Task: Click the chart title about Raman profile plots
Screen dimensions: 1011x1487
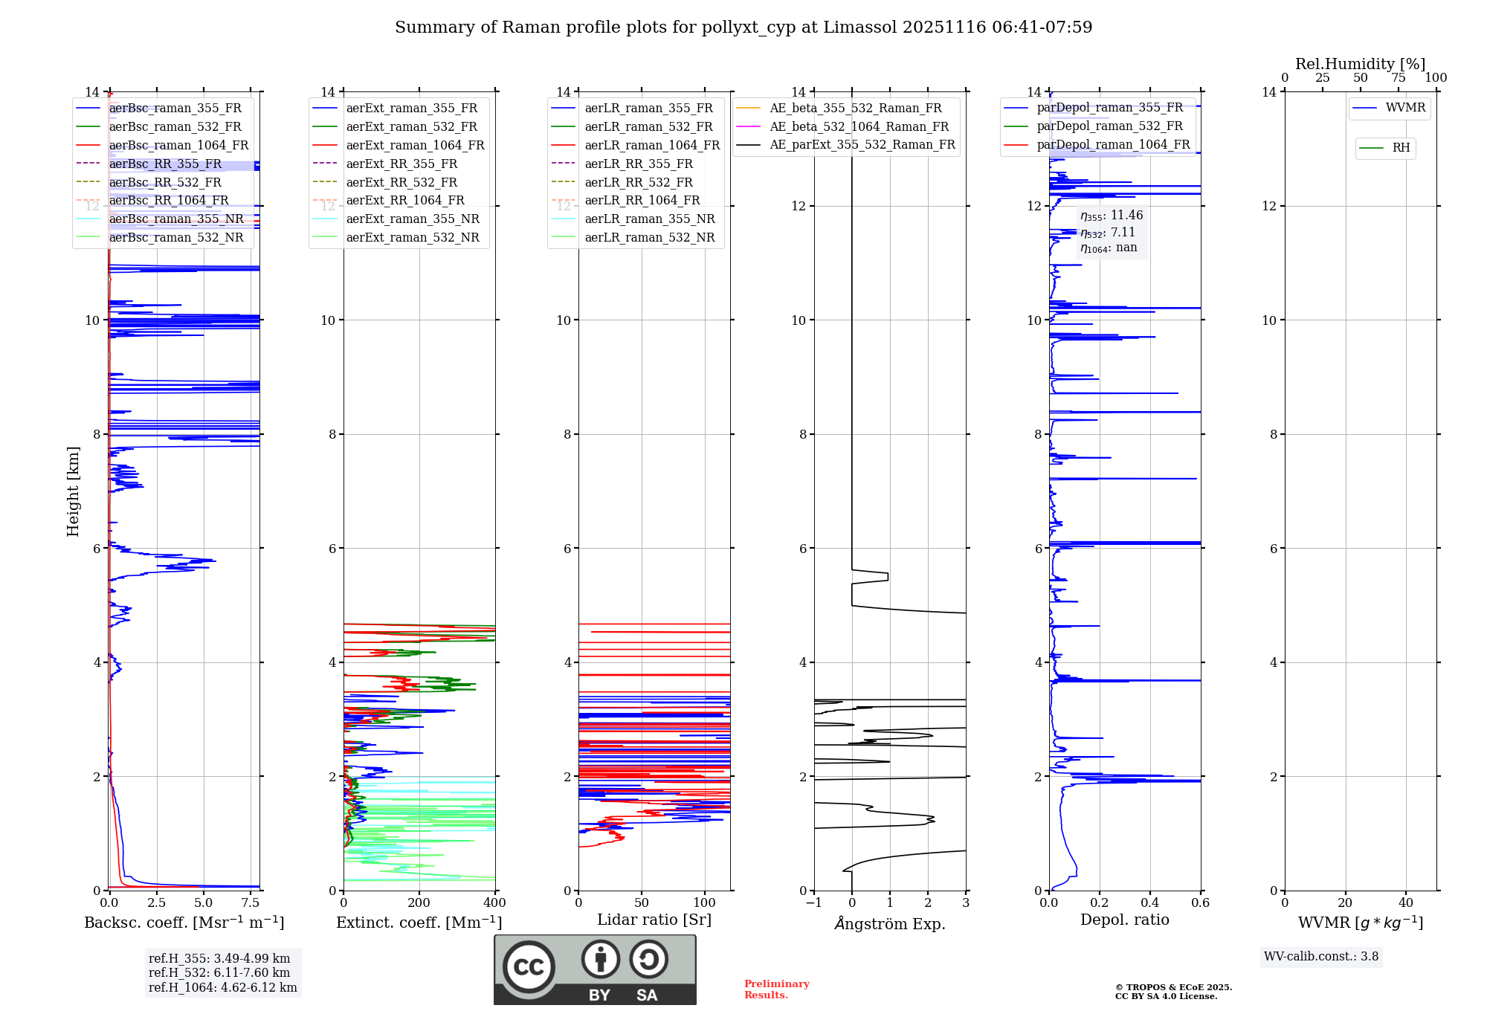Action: (x=743, y=28)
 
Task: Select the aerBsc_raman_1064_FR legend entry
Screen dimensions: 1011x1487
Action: (x=178, y=146)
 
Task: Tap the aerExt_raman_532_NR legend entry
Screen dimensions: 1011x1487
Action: (x=413, y=238)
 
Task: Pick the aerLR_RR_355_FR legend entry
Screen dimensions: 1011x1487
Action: (x=638, y=164)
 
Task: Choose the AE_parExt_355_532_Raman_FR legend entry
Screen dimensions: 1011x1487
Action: (x=862, y=145)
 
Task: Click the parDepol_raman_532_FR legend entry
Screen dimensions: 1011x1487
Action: (x=1109, y=126)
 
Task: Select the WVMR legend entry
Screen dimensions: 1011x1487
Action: (x=1405, y=109)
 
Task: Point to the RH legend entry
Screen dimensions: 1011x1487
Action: (x=1401, y=148)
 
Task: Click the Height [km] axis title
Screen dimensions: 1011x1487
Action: (x=73, y=491)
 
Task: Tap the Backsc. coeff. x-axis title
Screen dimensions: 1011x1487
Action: (x=184, y=923)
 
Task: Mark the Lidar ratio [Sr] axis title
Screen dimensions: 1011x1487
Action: (x=654, y=920)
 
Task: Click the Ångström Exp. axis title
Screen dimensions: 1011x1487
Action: (x=890, y=924)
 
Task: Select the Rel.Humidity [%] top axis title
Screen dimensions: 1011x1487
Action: (x=1360, y=64)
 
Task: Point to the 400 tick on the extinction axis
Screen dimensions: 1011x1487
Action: (x=495, y=903)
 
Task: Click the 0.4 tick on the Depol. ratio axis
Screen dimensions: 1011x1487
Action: (x=1150, y=903)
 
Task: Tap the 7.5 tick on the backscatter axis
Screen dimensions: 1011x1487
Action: (x=251, y=903)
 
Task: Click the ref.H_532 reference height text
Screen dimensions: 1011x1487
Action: (x=219, y=973)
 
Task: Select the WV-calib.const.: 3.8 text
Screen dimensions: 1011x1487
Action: (x=1321, y=957)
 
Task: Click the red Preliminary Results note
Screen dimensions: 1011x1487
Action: (x=776, y=989)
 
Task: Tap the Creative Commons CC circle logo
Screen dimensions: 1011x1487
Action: (x=529, y=967)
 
